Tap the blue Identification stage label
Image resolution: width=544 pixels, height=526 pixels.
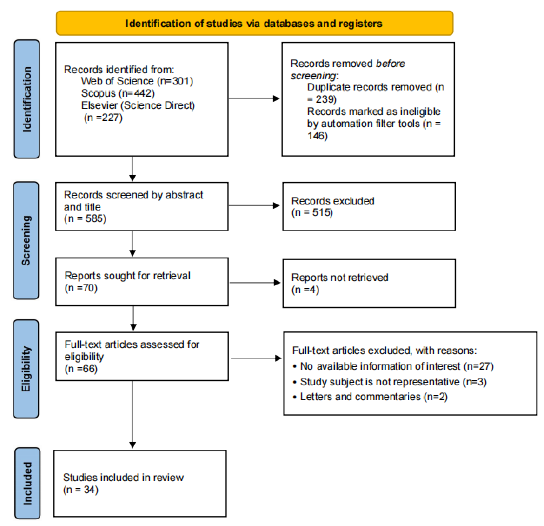point(27,99)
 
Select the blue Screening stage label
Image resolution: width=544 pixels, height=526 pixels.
point(26,241)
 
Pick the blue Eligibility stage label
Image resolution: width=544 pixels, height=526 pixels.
point(26,369)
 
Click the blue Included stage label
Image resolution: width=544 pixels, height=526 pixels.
point(27,483)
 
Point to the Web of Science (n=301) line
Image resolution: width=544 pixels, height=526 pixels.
point(137,81)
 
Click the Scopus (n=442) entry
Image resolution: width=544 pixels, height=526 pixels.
point(118,93)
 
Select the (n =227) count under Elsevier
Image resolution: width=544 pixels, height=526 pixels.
point(103,118)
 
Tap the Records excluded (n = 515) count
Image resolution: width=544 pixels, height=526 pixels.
point(312,213)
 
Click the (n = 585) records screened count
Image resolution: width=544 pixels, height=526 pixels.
point(85,219)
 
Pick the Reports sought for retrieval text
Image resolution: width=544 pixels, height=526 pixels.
point(127,276)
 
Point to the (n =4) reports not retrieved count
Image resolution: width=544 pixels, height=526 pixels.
point(305,290)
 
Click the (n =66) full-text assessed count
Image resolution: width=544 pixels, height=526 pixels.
point(81,369)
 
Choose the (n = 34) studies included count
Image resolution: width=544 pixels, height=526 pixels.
point(81,490)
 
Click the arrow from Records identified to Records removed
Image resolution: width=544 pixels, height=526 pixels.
point(254,98)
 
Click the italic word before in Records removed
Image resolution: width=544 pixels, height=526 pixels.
point(390,64)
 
